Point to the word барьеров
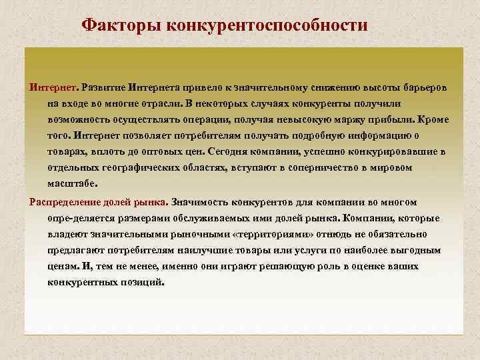tap(426, 88)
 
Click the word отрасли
tap(160, 105)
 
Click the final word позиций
tap(141, 282)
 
